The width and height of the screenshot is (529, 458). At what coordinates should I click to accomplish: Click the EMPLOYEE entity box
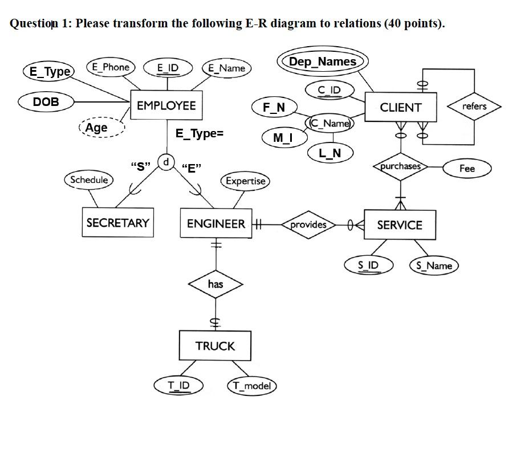(166, 105)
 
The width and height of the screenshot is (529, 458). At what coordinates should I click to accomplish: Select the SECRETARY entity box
(117, 223)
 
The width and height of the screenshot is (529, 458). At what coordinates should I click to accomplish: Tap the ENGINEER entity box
(215, 224)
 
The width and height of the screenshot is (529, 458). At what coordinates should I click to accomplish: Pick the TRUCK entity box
(215, 346)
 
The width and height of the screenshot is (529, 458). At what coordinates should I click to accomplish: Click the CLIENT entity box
(401, 108)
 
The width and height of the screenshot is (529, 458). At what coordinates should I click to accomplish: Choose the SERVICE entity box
(400, 225)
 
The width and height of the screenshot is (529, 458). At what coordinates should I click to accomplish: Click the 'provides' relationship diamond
(308, 224)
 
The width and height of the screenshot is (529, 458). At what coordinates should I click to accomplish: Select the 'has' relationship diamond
(215, 284)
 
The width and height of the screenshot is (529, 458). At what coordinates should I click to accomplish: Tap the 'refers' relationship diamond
(474, 107)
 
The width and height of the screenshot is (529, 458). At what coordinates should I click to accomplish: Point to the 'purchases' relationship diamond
(401, 166)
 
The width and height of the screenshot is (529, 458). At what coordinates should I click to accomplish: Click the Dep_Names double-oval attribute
(322, 62)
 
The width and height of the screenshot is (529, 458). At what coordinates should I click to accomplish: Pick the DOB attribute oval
(46, 102)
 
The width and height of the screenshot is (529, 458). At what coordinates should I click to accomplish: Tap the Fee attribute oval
(467, 168)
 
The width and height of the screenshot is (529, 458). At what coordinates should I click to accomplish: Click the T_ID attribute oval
(178, 386)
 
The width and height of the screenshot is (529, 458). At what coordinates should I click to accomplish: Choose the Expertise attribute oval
(245, 181)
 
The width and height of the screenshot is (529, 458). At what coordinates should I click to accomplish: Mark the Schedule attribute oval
(89, 180)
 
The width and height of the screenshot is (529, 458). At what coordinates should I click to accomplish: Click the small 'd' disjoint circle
(166, 162)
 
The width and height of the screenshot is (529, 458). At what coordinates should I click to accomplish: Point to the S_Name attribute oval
(434, 265)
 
